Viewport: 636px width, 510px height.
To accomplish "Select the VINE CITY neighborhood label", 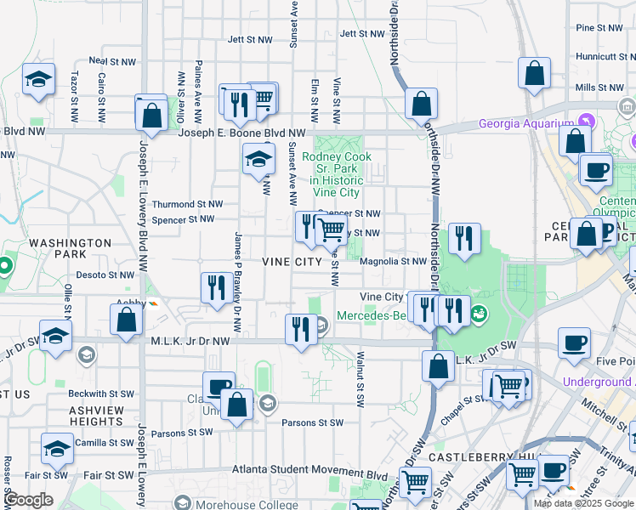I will click(292, 261).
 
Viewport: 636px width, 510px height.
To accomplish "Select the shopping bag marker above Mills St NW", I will click(534, 75).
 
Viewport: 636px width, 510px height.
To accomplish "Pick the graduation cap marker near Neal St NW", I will click(38, 80).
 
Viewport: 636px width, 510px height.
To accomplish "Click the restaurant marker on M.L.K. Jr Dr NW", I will click(300, 329).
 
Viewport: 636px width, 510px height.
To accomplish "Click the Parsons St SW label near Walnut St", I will click(312, 422).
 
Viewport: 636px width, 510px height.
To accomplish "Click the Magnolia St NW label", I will click(392, 262).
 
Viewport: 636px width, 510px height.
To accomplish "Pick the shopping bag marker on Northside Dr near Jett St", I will click(421, 105).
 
